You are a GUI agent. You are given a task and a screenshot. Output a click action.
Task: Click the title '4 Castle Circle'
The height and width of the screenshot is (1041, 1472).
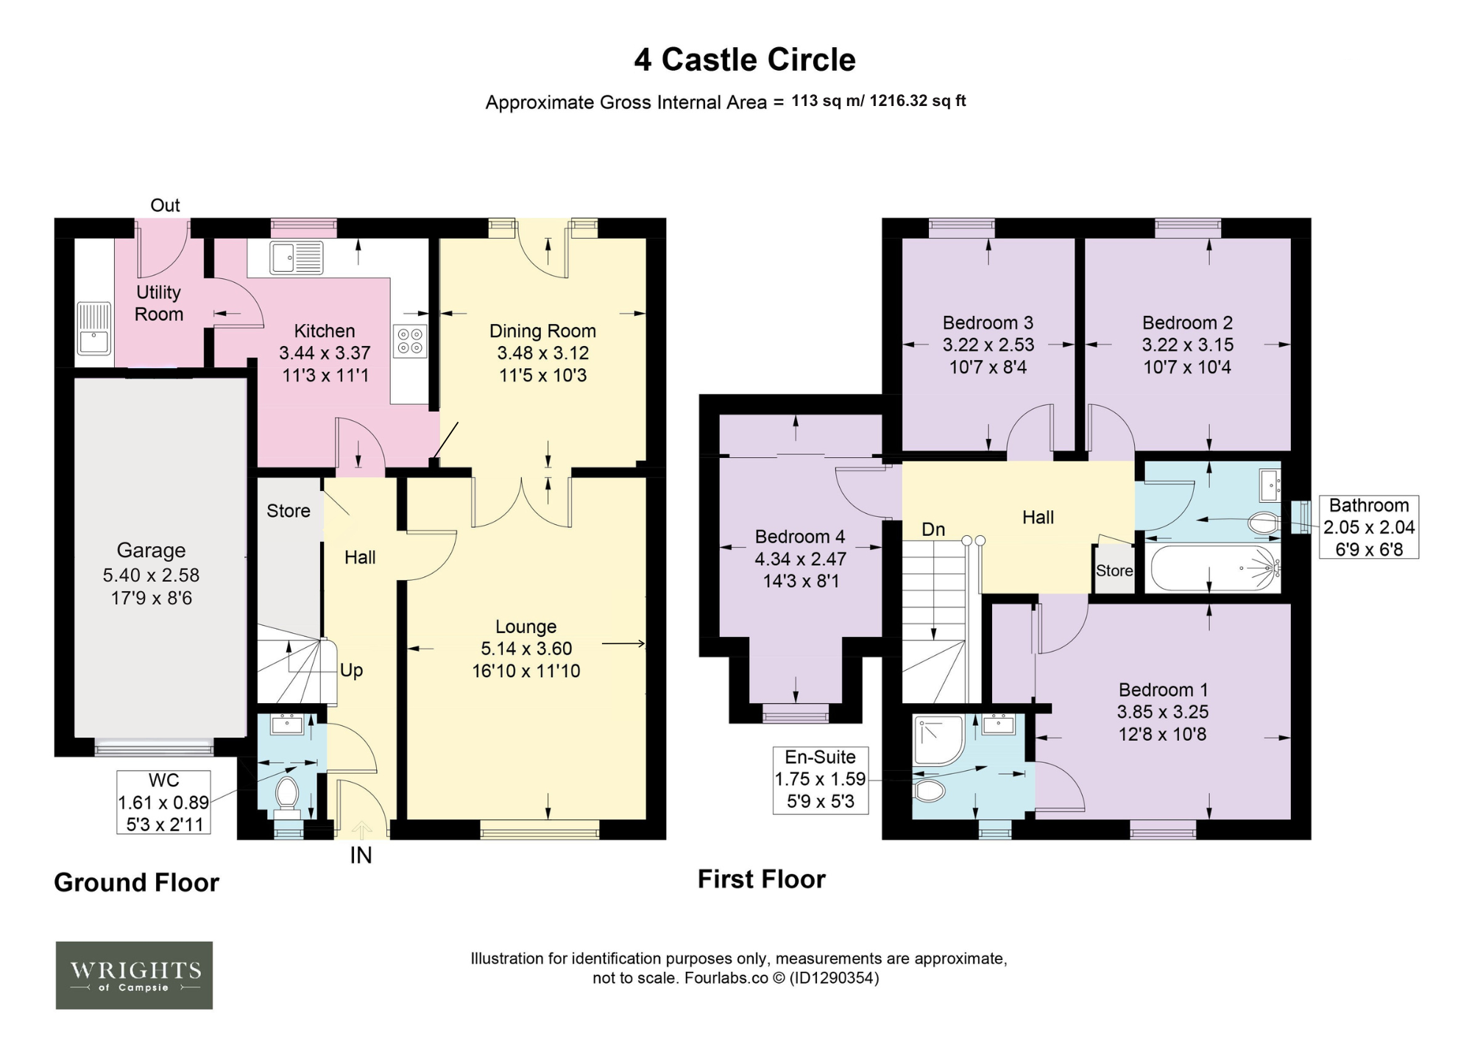click(745, 60)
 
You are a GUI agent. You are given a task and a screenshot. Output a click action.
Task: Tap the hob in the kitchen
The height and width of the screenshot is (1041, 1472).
click(410, 341)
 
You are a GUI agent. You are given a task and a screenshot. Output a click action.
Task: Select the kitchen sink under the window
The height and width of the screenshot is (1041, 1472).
click(296, 258)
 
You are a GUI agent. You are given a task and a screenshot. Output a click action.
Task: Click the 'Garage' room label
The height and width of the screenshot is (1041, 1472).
click(151, 550)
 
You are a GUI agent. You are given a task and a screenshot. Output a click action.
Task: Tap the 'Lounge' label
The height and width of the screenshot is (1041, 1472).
click(526, 627)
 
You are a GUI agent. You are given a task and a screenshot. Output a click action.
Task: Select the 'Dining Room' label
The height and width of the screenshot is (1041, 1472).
click(542, 331)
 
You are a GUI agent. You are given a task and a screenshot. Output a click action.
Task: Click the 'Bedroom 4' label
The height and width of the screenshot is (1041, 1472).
click(800, 537)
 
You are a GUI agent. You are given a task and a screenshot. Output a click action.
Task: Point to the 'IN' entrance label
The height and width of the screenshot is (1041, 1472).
click(361, 855)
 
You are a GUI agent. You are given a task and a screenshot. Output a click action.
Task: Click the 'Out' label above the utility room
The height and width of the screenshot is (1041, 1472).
click(165, 205)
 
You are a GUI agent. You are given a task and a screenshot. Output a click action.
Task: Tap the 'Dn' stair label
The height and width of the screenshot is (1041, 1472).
click(933, 529)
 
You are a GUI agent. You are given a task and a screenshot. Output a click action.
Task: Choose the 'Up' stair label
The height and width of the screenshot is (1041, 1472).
click(351, 671)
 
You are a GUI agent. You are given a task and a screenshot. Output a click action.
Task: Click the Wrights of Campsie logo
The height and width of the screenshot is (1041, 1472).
click(134, 975)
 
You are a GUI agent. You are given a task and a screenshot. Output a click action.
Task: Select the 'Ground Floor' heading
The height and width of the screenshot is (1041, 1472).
click(137, 883)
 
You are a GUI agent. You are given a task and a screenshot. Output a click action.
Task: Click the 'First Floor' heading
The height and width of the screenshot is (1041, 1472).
click(762, 879)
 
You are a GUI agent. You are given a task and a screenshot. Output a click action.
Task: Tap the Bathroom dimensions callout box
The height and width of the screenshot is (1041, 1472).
click(1369, 527)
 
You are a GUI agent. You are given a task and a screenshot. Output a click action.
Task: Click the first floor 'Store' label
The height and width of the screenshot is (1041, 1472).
click(1114, 571)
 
